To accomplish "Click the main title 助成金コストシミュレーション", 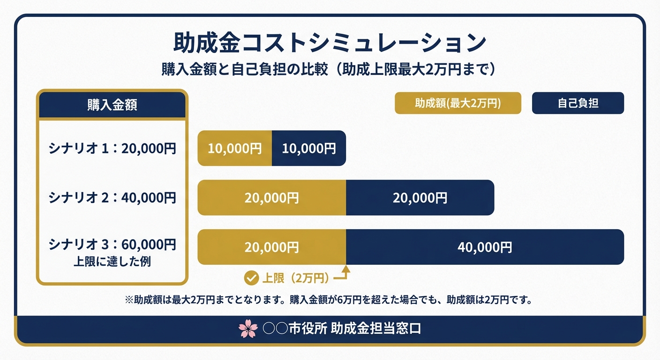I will (x=330, y=42).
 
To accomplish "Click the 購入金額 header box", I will (x=112, y=105).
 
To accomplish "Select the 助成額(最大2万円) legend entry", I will (x=458, y=103).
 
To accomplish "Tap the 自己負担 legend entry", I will (x=577, y=103).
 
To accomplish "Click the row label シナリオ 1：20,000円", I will (x=112, y=149).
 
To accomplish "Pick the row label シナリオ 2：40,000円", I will (x=112, y=197).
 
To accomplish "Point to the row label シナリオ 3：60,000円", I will (x=112, y=244).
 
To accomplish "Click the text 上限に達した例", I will (x=112, y=261).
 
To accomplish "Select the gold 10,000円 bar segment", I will (x=235, y=149).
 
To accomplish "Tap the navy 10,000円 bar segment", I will (x=309, y=149).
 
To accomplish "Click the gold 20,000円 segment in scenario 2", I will (x=271, y=198).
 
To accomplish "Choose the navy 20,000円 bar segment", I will (x=420, y=198).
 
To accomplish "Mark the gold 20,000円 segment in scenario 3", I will (x=271, y=247).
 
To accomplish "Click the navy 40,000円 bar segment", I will (x=485, y=247).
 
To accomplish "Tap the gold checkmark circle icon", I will (x=252, y=278).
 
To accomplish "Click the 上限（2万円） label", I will (x=295, y=278).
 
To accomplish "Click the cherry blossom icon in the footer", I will (x=248, y=329).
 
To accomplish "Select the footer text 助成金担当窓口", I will (x=375, y=329).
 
